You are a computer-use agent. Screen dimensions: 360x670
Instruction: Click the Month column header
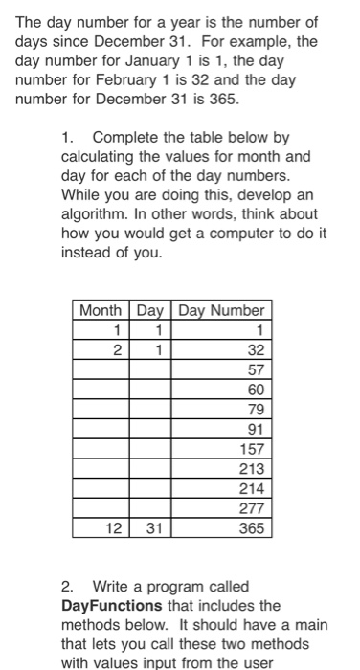coord(101,310)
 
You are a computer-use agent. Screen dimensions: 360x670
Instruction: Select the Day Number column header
coord(221,310)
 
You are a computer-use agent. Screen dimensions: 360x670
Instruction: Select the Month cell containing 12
coord(114,527)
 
